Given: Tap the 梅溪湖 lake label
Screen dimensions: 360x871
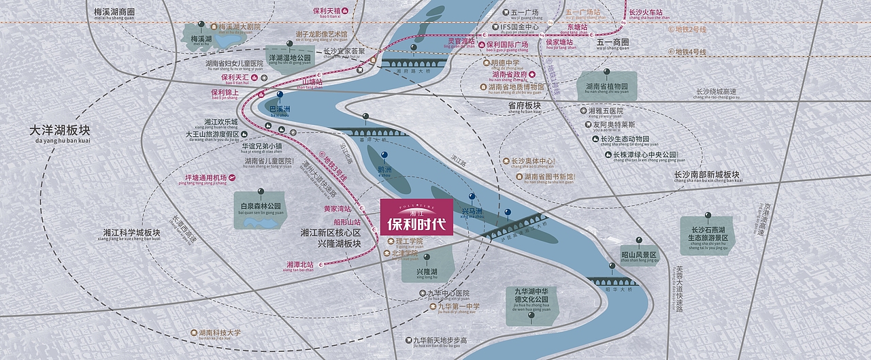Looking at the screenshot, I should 201,39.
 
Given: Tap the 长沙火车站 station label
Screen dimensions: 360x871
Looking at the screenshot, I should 646,12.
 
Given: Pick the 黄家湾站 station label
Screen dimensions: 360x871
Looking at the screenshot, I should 338,209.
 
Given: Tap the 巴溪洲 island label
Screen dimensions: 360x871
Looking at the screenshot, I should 280,109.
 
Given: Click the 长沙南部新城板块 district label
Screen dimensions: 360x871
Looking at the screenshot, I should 706,174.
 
